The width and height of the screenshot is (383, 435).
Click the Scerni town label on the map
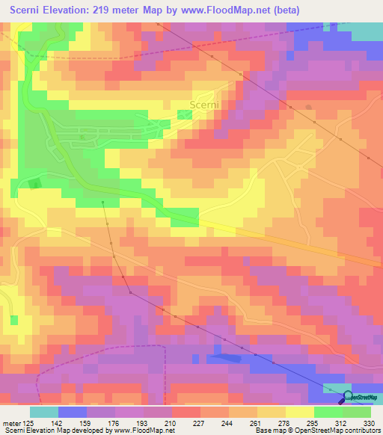pos(204,105)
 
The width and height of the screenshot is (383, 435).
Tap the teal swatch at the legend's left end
pos(44,412)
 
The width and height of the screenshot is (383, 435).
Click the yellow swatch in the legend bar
pos(300,412)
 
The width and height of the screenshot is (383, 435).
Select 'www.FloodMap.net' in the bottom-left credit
pos(142,431)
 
